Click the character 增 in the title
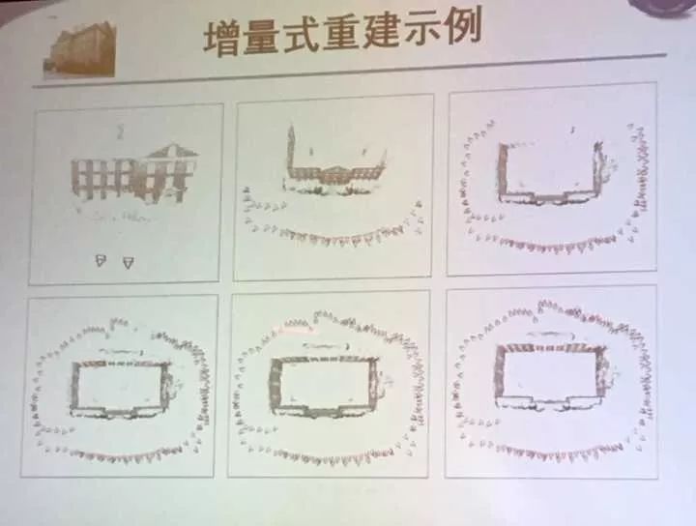(222, 38)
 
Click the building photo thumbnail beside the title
(80, 48)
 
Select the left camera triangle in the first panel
(101, 260)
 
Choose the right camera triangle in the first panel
(129, 263)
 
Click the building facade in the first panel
(133, 175)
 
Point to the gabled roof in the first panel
(172, 151)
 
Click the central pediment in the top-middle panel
(336, 171)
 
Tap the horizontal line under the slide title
(349, 71)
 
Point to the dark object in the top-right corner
(663, 7)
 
